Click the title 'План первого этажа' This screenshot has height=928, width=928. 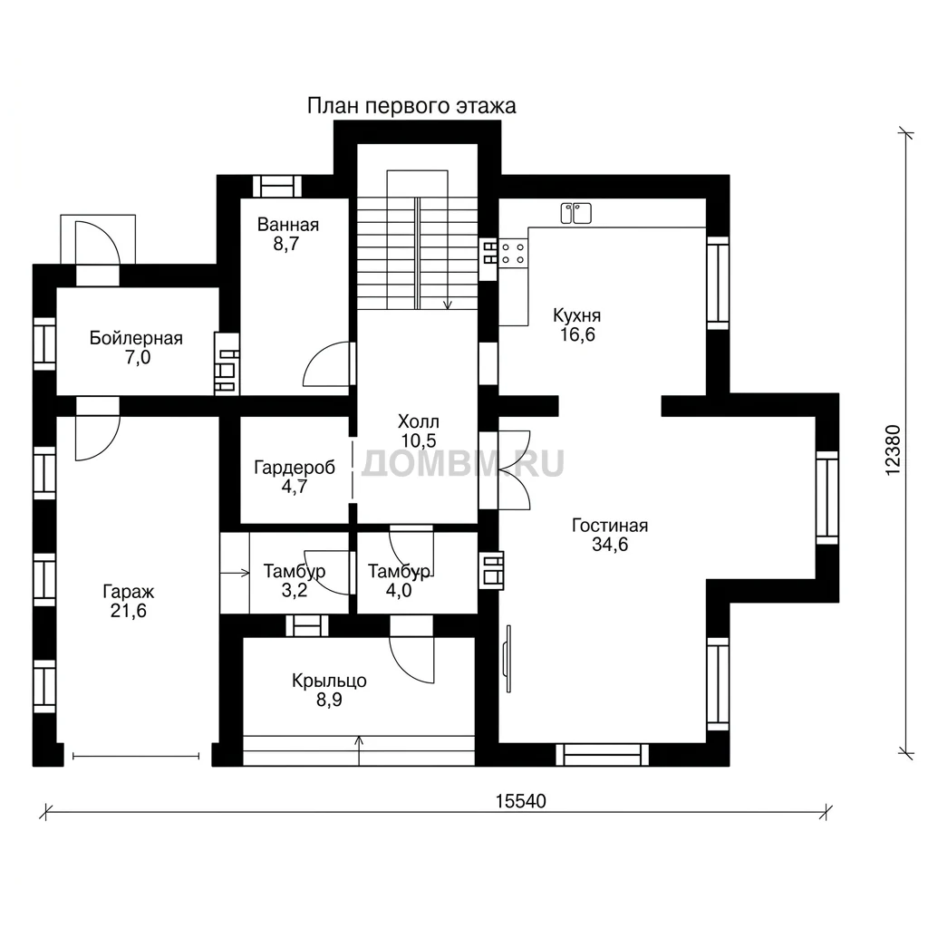[x=411, y=106]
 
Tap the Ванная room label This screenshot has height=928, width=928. [x=288, y=225]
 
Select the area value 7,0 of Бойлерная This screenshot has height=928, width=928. [x=138, y=357]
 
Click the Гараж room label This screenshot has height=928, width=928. [x=129, y=591]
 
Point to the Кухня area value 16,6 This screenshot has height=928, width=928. [x=577, y=334]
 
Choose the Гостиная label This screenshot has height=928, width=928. [x=610, y=526]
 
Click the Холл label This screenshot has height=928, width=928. [x=419, y=422]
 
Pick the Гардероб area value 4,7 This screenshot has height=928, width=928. [x=295, y=487]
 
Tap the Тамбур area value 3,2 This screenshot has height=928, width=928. [x=295, y=590]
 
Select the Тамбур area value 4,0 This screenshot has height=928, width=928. [x=399, y=590]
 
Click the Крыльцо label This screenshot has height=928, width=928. [x=329, y=681]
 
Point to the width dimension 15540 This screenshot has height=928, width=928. [x=521, y=801]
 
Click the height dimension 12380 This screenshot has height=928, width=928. [x=893, y=449]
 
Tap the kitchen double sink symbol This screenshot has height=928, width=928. [x=575, y=213]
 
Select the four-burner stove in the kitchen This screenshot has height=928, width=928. [x=513, y=253]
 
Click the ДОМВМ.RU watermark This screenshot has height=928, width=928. [x=462, y=463]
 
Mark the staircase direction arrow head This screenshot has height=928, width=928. [x=448, y=304]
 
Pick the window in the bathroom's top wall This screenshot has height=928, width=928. [x=277, y=187]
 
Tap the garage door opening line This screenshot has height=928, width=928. [x=136, y=756]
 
